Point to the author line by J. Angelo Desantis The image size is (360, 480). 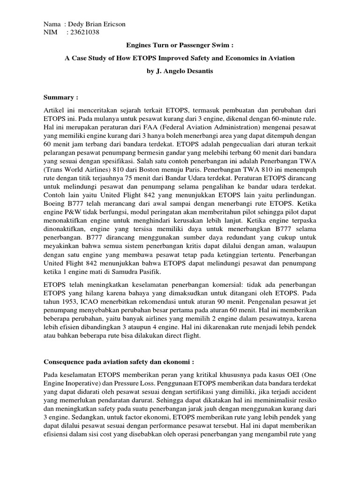pos(180,72)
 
